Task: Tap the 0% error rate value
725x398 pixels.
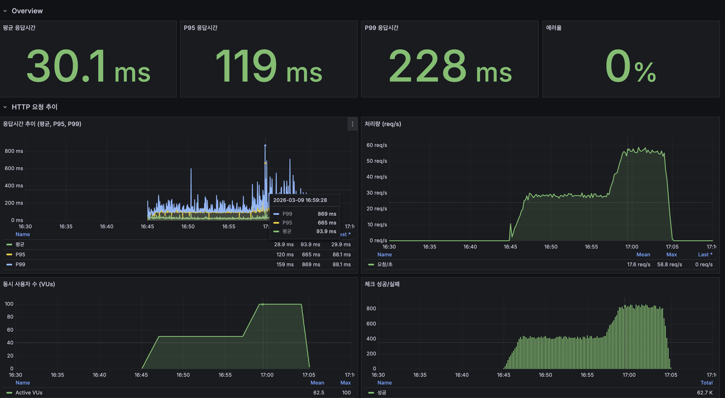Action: (x=631, y=66)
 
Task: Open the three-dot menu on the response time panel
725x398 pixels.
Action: (x=352, y=124)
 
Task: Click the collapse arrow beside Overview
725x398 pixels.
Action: (x=5, y=11)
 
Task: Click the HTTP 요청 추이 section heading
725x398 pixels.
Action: (x=34, y=107)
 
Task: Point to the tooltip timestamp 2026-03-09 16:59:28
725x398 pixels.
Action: (x=300, y=200)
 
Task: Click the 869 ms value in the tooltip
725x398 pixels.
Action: (x=327, y=214)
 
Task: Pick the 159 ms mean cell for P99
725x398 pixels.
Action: (x=285, y=264)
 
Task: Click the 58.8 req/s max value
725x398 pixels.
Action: (x=669, y=264)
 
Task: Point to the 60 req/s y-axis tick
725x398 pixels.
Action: (x=377, y=145)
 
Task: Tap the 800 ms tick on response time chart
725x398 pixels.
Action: (x=14, y=151)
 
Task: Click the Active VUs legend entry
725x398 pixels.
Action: (x=29, y=393)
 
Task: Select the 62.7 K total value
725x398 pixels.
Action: (x=705, y=393)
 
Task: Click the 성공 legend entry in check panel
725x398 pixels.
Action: (x=382, y=393)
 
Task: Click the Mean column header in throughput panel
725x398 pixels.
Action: (x=643, y=255)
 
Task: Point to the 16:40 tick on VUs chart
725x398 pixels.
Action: (x=99, y=375)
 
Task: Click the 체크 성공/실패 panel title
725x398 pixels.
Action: (x=382, y=284)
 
